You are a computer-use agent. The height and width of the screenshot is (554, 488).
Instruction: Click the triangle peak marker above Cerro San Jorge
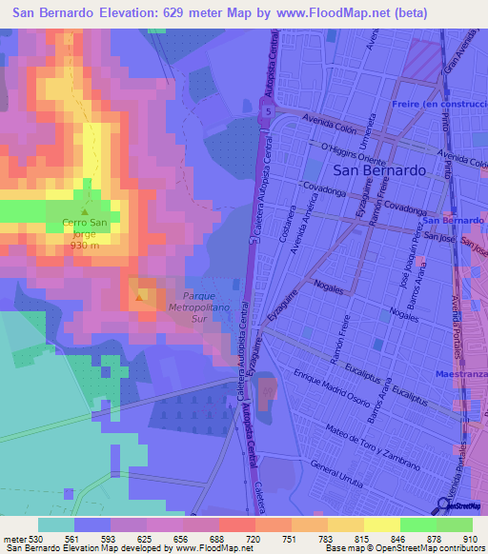point(85,212)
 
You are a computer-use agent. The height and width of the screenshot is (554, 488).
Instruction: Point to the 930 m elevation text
point(84,245)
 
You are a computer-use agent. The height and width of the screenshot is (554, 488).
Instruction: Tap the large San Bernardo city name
point(379,169)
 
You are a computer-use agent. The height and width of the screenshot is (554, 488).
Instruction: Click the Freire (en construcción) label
point(440,103)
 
